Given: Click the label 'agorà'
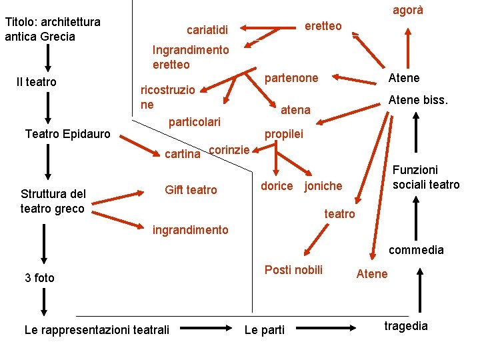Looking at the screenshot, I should click(407, 11).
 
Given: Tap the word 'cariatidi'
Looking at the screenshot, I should click(207, 29).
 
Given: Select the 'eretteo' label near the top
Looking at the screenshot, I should click(323, 26).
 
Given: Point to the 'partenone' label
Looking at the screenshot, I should click(291, 78).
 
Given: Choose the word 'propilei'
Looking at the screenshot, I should click(283, 134).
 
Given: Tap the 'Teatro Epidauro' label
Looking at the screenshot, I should click(67, 134).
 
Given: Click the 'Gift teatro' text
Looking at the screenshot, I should click(191, 190).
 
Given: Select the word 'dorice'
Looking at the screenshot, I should click(276, 186).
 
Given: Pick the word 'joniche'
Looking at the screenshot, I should click(323, 187).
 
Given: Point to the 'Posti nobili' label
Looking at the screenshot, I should click(293, 269).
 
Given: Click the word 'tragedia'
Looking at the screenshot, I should click(406, 325).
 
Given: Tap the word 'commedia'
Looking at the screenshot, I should click(416, 250).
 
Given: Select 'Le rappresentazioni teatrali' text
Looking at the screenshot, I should click(97, 329).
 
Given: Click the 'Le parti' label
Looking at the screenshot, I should click(265, 330).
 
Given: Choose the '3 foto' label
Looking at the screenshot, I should click(39, 277).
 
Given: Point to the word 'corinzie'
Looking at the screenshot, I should click(229, 149).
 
